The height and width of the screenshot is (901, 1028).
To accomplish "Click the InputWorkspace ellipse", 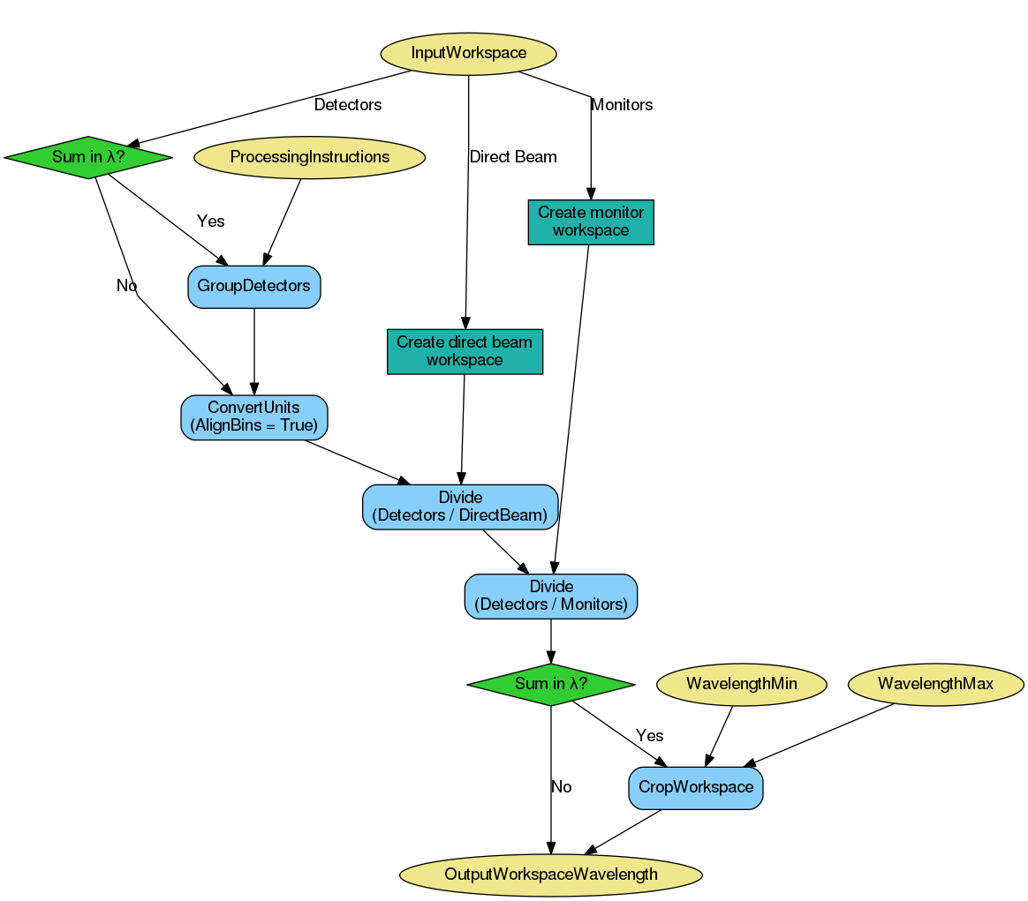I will (468, 53).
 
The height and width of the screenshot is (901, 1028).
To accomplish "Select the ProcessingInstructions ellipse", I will (309, 157).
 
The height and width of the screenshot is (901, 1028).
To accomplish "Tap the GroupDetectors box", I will (254, 287).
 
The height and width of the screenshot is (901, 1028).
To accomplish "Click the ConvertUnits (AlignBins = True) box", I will (254, 417).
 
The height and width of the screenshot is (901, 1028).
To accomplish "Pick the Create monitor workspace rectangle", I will (591, 221).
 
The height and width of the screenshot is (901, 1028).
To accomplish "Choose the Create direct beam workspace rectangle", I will (465, 351).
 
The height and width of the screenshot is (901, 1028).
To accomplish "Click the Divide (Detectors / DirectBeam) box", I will (460, 507).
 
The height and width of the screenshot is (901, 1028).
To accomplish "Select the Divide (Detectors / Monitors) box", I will (551, 597).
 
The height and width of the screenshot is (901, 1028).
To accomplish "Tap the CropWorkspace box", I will (696, 787).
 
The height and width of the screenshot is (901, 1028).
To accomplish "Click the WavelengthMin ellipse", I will (742, 684).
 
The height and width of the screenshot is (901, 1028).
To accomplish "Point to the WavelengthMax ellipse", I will (935, 684).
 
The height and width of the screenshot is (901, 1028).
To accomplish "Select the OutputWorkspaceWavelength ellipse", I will (551, 875).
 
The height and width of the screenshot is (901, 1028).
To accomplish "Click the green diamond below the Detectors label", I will (87, 157).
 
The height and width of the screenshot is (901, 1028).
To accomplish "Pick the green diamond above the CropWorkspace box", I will (551, 684).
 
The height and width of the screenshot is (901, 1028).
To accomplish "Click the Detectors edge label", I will (348, 105).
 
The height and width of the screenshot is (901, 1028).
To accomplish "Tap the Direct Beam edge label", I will (513, 157).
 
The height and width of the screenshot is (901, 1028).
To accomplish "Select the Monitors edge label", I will (622, 105).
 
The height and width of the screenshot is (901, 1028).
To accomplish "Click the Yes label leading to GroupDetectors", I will (210, 221).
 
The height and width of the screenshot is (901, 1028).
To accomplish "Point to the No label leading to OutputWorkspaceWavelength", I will (561, 787).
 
